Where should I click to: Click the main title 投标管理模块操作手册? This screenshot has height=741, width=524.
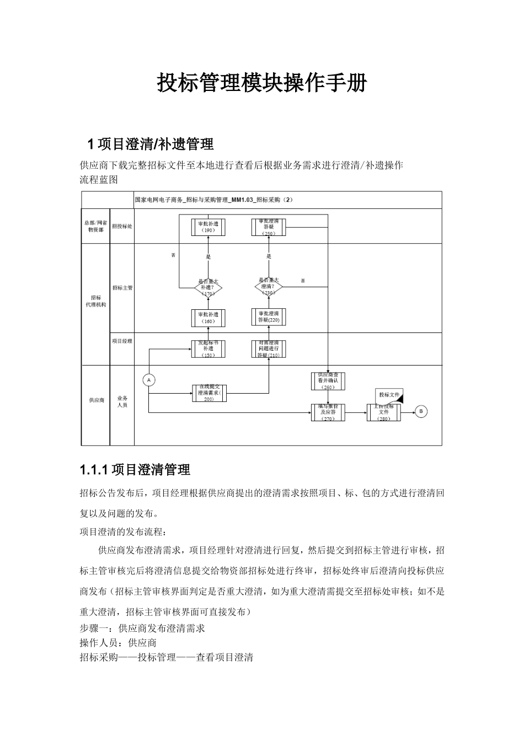click(262, 83)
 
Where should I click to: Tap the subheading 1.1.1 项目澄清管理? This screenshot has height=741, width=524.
click(135, 470)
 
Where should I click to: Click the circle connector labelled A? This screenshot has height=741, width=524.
click(149, 380)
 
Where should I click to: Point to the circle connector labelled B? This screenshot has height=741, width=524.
click(421, 411)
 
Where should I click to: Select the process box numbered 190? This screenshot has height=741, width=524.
click(208, 227)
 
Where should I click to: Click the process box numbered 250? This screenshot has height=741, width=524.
click(269, 227)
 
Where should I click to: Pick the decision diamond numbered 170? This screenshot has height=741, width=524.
click(208, 287)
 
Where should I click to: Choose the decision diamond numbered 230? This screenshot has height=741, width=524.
click(269, 287)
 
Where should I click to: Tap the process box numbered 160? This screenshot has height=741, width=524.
click(208, 318)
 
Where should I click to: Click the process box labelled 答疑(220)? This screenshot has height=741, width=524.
click(269, 317)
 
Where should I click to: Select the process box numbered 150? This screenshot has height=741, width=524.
click(208, 348)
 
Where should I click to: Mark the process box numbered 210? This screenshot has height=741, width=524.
click(269, 348)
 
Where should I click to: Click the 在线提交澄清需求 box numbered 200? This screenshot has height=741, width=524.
click(209, 393)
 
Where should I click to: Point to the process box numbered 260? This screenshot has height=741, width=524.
click(328, 380)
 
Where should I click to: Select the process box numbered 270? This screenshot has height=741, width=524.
click(328, 412)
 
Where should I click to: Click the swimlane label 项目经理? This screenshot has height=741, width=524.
click(122, 341)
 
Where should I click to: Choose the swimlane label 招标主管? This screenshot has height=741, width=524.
click(122, 288)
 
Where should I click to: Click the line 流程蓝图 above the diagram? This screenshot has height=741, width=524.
click(99, 180)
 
